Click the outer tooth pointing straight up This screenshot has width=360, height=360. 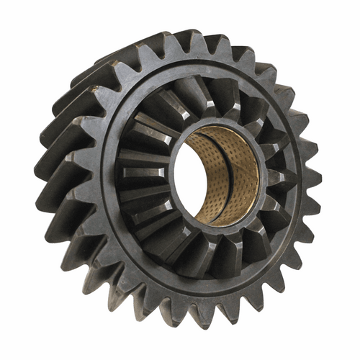201,45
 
